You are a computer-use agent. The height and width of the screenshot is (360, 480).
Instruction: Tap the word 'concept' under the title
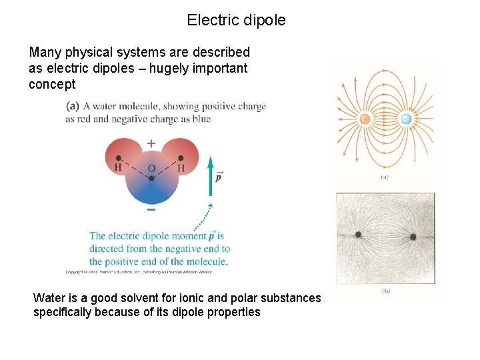[x=52, y=85]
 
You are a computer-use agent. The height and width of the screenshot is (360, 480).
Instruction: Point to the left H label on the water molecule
[x=118, y=167]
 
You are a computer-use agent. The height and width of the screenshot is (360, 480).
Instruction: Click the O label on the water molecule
[x=151, y=169]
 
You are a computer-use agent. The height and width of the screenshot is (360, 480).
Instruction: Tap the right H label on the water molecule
[x=181, y=167]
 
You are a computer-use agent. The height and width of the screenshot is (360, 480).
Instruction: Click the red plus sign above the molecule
[x=151, y=143]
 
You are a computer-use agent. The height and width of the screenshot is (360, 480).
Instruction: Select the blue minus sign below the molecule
[x=151, y=209]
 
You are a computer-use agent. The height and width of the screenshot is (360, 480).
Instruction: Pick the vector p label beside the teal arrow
[x=219, y=178]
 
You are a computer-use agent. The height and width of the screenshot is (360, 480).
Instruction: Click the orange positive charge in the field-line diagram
[x=365, y=119]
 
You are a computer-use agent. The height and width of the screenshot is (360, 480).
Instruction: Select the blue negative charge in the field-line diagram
[x=405, y=119]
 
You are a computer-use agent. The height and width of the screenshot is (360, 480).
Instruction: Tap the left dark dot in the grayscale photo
[x=359, y=235]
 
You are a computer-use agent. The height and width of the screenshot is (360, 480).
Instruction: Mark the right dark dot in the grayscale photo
[x=413, y=236]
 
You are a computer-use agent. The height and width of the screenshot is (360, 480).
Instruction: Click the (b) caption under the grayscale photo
[x=385, y=291]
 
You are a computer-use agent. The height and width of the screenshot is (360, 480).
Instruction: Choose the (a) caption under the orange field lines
[x=384, y=177]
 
